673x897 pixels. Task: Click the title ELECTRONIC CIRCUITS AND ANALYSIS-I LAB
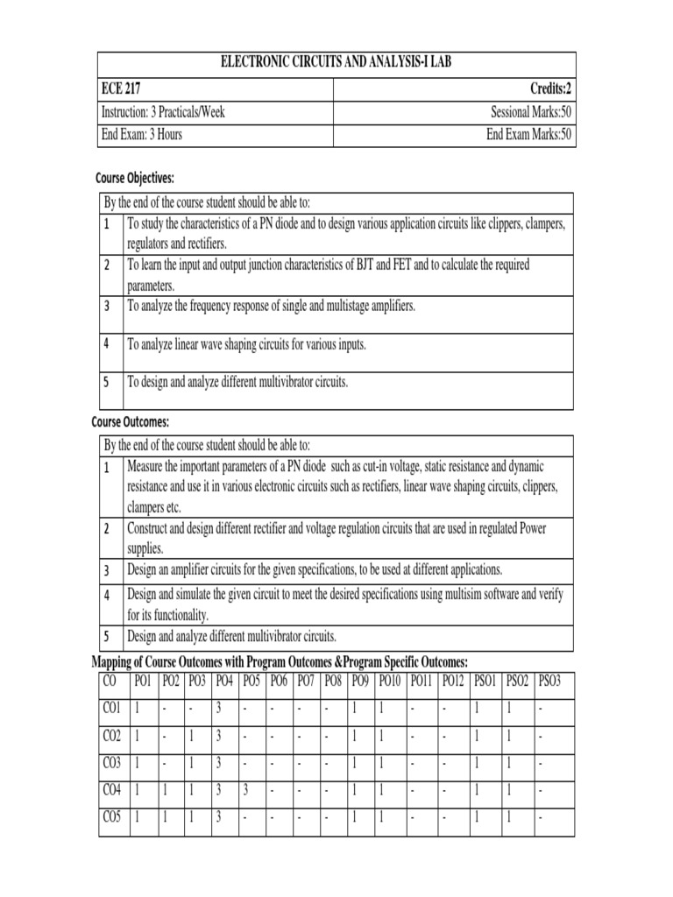(x=335, y=65)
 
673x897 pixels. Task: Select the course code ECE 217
(x=121, y=89)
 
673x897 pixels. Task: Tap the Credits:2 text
(x=550, y=89)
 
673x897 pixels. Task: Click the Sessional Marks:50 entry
(x=531, y=112)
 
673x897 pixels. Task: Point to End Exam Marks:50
(x=529, y=135)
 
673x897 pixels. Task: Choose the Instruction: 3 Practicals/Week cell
(x=163, y=112)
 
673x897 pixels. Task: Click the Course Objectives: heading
(x=135, y=179)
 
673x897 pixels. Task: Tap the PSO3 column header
(x=549, y=681)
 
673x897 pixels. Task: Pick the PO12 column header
(x=453, y=681)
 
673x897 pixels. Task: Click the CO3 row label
(x=111, y=763)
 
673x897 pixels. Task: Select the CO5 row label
(x=111, y=818)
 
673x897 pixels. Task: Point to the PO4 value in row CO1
(x=218, y=708)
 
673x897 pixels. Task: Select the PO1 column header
(x=143, y=681)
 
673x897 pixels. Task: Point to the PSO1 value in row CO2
(x=477, y=736)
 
